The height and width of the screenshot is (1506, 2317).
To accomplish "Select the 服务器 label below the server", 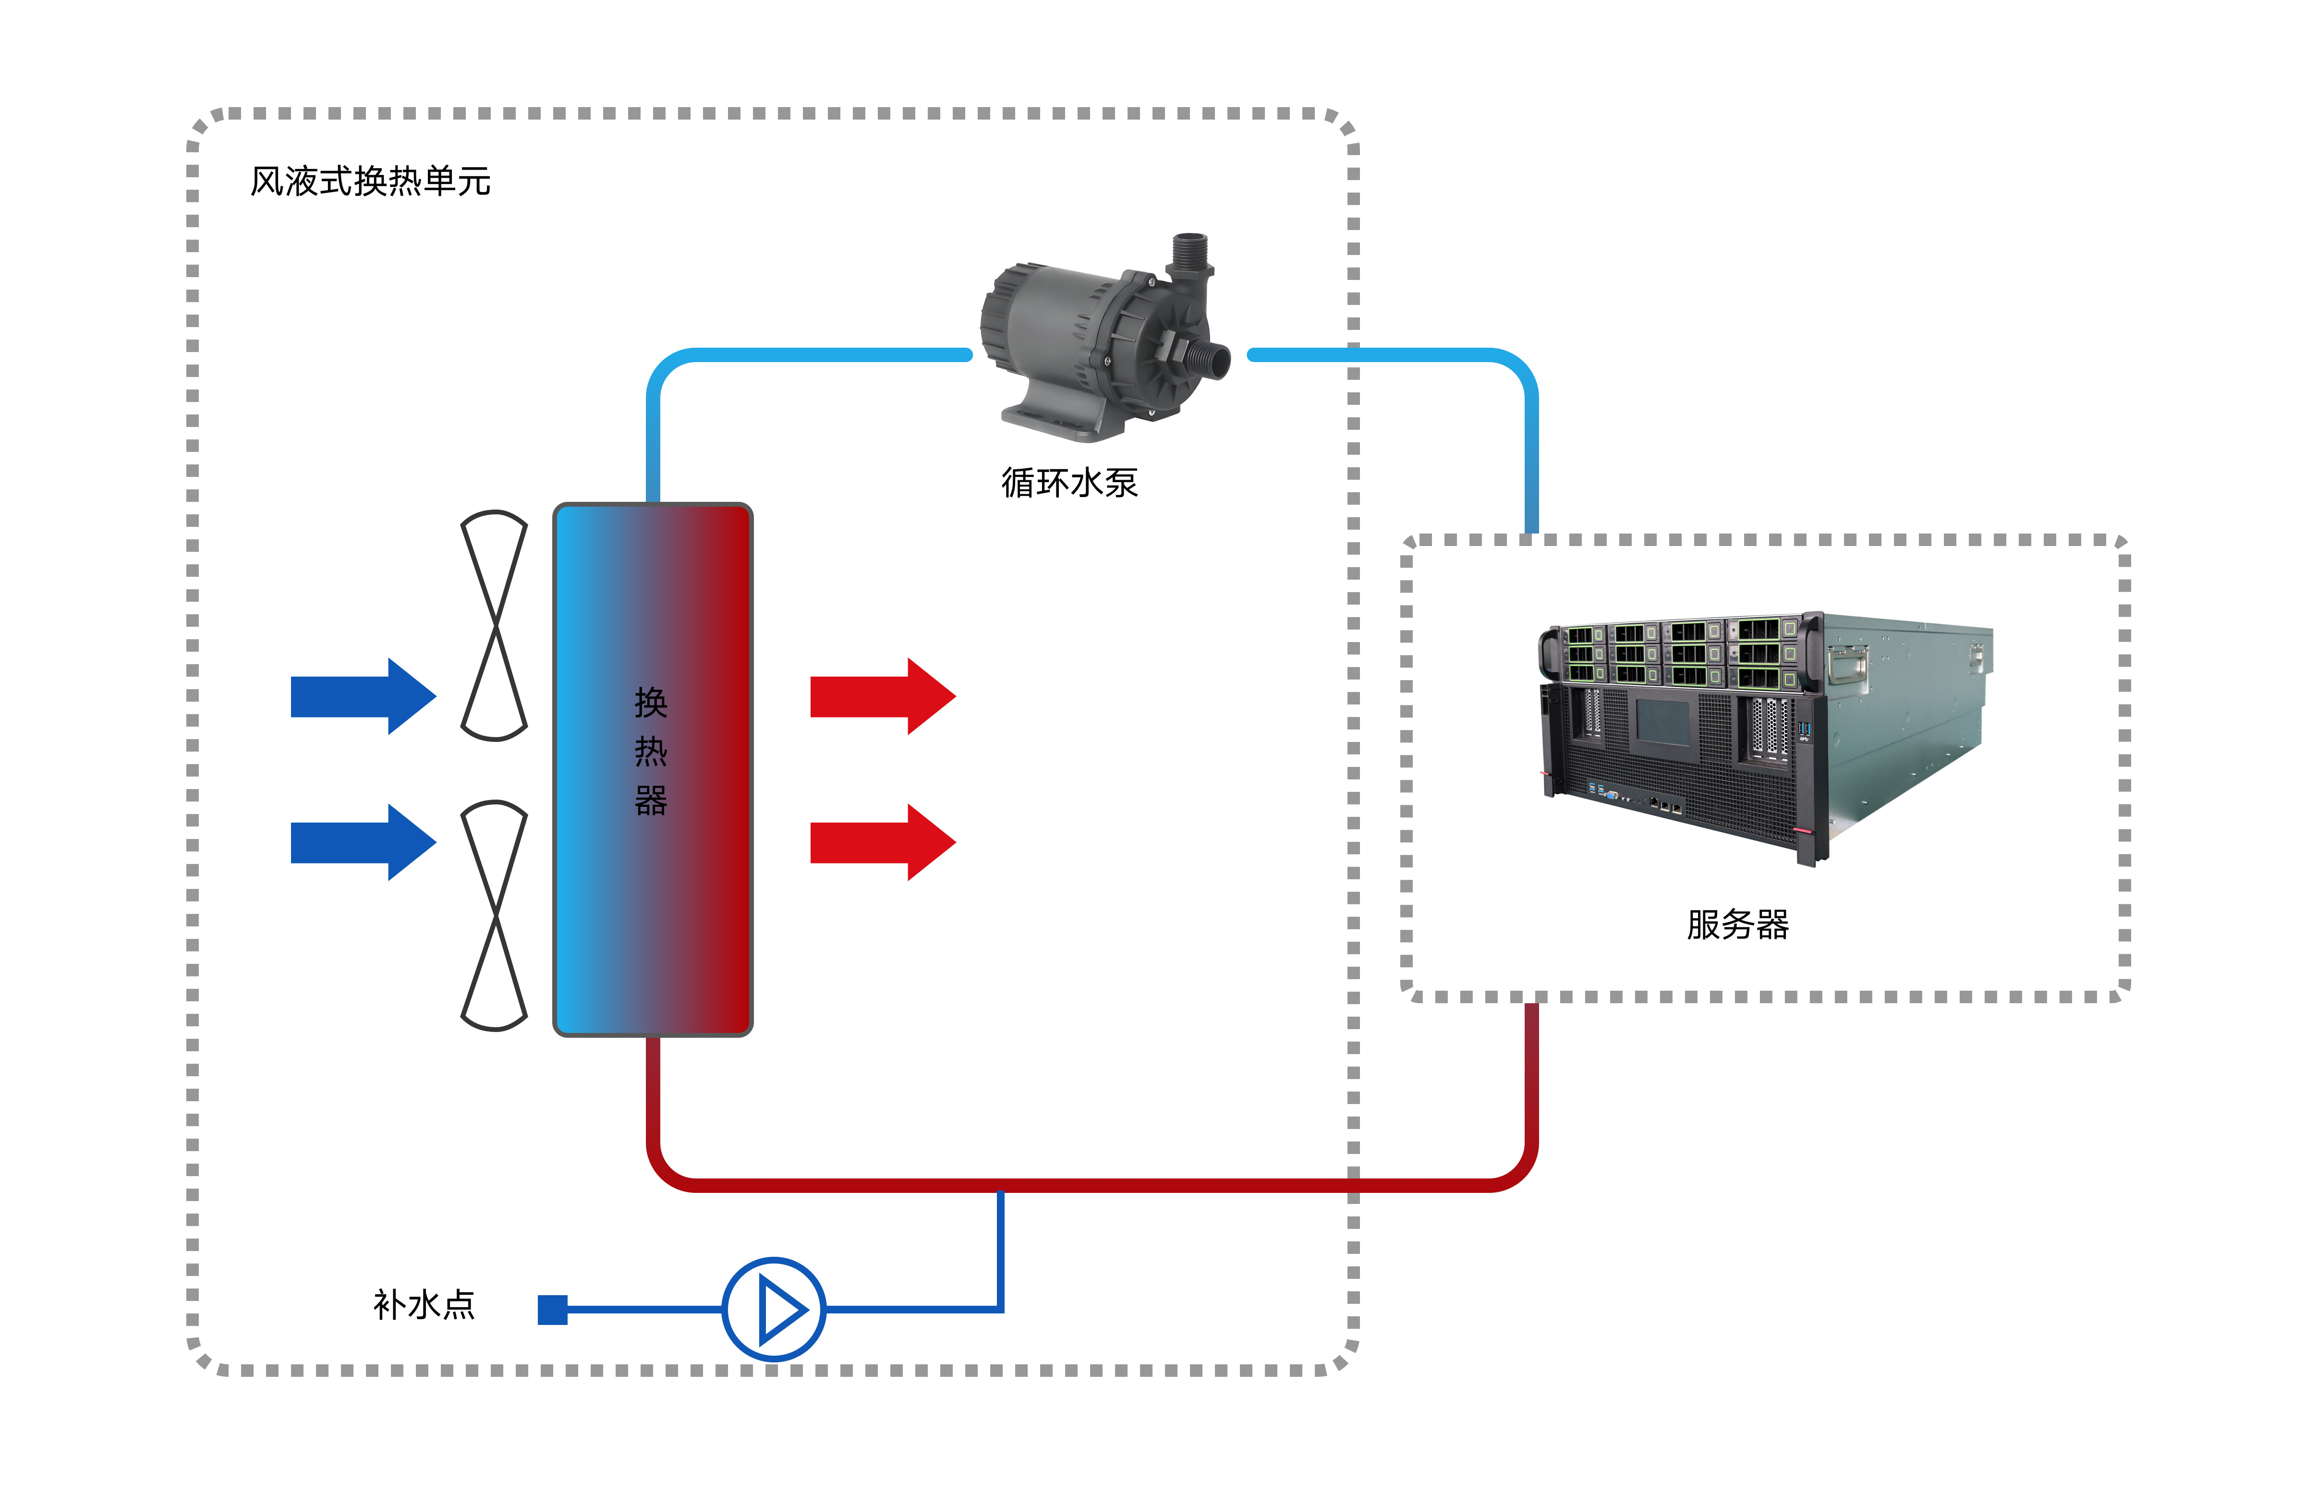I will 1738,925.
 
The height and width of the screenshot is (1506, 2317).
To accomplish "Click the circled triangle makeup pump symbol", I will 774,1310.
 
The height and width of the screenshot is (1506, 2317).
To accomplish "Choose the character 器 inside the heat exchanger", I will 650,801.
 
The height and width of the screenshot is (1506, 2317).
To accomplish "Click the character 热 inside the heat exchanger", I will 650,752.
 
